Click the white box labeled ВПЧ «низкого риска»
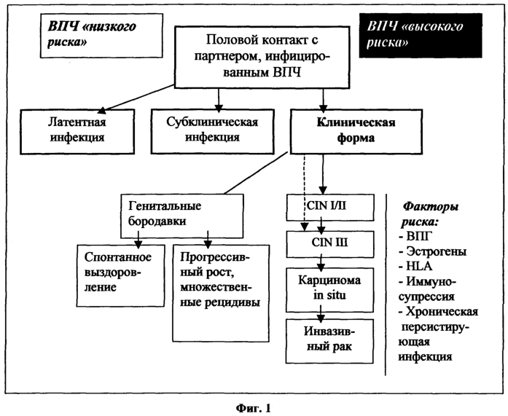click(101, 36)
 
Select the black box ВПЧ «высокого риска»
click(421, 36)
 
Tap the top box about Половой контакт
click(262, 58)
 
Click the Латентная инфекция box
click(77, 131)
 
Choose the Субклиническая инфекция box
click(213, 131)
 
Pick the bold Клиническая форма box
click(356, 131)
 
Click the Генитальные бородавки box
click(181, 216)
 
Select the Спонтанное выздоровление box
click(120, 275)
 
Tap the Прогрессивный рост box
click(221, 293)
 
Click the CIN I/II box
click(330, 208)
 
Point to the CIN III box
click(330, 244)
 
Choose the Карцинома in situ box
click(329, 290)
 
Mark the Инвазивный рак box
click(329, 341)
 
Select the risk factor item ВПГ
click(415, 236)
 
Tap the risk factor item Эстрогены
click(432, 251)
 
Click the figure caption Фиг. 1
click(253, 408)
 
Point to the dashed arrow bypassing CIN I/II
click(304, 192)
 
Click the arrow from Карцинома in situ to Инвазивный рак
click(321, 314)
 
